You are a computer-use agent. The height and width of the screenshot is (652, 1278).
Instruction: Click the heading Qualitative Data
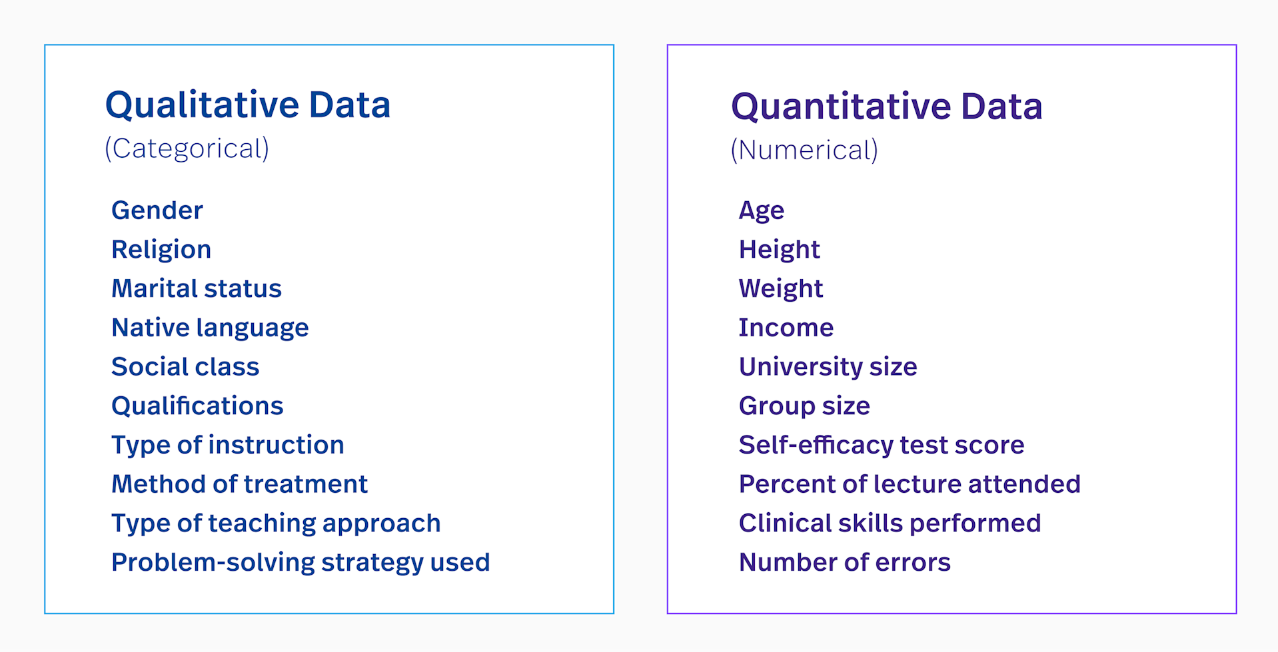pyautogui.click(x=248, y=105)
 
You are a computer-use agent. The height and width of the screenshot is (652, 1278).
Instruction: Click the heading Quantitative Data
pyautogui.click(x=886, y=107)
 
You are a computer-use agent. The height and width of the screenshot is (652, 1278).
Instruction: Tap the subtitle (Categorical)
pyautogui.click(x=187, y=149)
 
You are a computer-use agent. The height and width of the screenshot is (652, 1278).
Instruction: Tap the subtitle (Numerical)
pyautogui.click(x=804, y=150)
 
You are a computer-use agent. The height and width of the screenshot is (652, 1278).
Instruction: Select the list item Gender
pyautogui.click(x=157, y=210)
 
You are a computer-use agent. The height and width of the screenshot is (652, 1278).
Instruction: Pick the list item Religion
pyautogui.click(x=161, y=250)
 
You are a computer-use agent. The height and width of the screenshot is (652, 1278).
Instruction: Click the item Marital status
pyautogui.click(x=197, y=288)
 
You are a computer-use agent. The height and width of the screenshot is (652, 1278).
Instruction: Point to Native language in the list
pyautogui.click(x=210, y=328)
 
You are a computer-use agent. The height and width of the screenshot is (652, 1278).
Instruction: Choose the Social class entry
pyautogui.click(x=185, y=367)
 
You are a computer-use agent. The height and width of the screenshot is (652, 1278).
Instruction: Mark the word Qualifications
pyautogui.click(x=197, y=406)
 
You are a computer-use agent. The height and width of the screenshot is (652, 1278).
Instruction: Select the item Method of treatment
pyautogui.click(x=239, y=484)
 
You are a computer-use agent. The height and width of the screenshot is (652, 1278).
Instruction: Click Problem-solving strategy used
pyautogui.click(x=301, y=563)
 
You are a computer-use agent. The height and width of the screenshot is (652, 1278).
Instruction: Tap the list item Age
pyautogui.click(x=762, y=210)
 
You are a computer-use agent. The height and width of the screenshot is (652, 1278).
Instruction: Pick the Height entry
pyautogui.click(x=780, y=250)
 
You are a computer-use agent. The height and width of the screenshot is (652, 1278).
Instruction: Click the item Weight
pyautogui.click(x=781, y=288)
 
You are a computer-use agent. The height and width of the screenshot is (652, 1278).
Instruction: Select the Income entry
pyautogui.click(x=786, y=328)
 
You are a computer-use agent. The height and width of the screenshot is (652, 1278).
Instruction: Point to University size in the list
pyautogui.click(x=828, y=367)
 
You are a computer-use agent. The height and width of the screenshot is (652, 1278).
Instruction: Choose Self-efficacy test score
pyautogui.click(x=882, y=445)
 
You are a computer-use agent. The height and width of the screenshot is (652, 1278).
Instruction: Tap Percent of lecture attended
pyautogui.click(x=910, y=484)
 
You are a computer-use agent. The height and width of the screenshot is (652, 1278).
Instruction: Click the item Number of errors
pyautogui.click(x=845, y=563)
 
